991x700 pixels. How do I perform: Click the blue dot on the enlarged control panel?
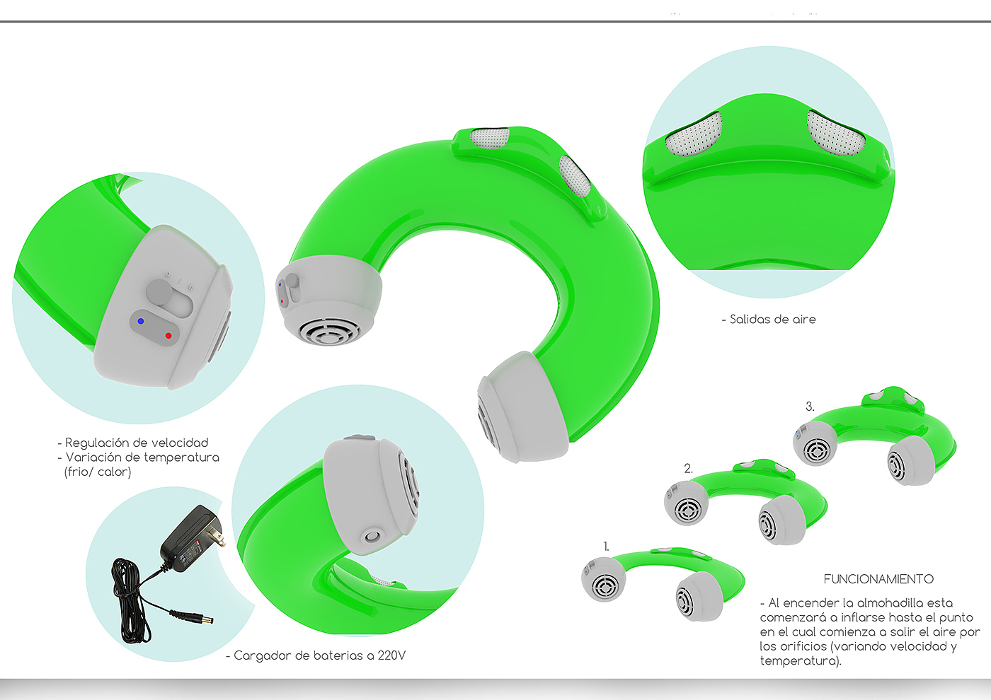pyautogui.click(x=141, y=321)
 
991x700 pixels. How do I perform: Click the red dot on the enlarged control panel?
pyautogui.click(x=168, y=336)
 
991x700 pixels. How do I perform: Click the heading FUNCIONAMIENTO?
pyautogui.click(x=878, y=579)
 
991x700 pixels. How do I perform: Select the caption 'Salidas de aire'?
pyautogui.click(x=772, y=320)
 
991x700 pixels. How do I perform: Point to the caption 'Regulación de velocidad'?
pyautogui.click(x=137, y=443)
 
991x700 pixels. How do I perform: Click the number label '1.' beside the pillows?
pyautogui.click(x=606, y=547)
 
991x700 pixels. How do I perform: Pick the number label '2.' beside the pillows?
pyautogui.click(x=688, y=468)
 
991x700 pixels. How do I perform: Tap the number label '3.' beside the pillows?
pyautogui.click(x=810, y=407)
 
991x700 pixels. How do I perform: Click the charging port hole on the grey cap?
pyautogui.click(x=372, y=536)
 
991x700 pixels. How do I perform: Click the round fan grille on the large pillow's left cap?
pyautogui.click(x=327, y=330)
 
